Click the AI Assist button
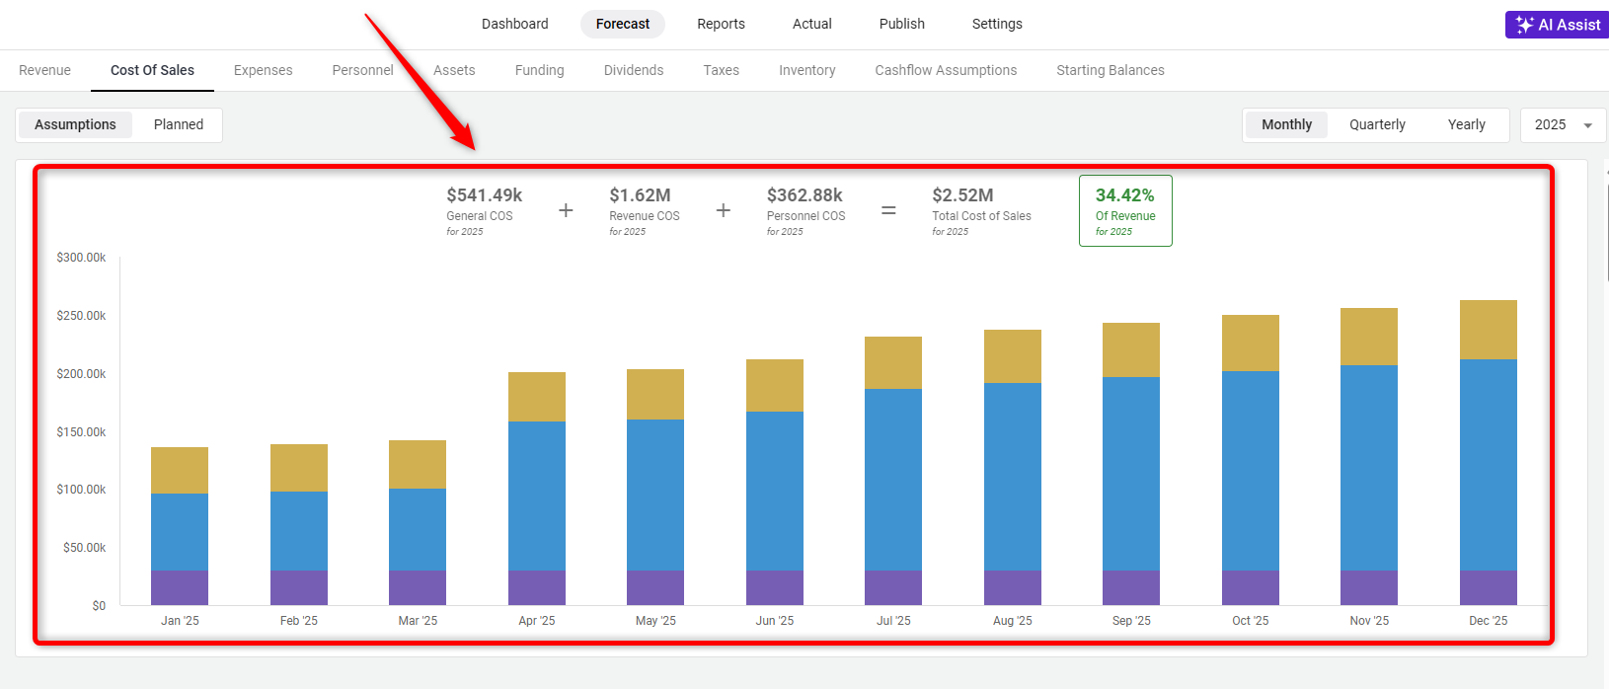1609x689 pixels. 1558,25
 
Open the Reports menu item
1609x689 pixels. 721,24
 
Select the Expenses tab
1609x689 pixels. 263,70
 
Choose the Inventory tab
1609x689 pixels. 806,70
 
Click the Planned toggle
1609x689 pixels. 179,124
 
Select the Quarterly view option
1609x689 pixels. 1377,124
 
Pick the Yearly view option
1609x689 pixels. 1466,124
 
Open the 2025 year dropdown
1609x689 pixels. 1563,124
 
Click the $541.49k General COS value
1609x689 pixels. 484,195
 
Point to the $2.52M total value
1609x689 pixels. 962,195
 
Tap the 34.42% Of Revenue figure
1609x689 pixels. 1124,195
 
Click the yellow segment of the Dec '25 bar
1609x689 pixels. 1488,330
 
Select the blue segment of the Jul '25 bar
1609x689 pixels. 893,479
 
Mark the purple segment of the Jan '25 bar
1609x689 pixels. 180,587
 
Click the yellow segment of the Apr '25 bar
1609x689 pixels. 537,397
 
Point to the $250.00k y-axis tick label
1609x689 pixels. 81,316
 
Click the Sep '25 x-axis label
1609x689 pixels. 1131,621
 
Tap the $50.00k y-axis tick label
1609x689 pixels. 84,548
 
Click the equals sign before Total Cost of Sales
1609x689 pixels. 888,210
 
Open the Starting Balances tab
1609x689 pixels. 1110,70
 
